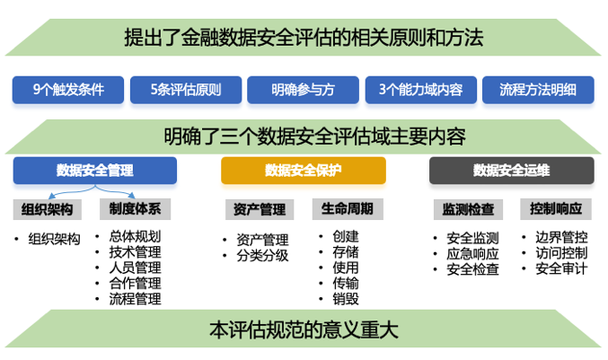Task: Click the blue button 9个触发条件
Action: (x=68, y=90)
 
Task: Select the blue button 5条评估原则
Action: (x=186, y=90)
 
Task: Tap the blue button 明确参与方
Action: (x=303, y=90)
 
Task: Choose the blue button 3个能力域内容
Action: (x=420, y=90)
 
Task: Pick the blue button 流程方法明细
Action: (x=538, y=90)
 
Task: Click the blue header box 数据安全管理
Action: (x=95, y=171)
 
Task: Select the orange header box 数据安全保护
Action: (x=304, y=171)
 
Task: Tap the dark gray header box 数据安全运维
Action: (x=511, y=171)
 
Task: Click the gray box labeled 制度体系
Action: (x=135, y=209)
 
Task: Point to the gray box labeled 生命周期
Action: (x=348, y=209)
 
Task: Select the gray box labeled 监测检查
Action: (x=468, y=210)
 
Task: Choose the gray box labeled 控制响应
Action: (x=556, y=209)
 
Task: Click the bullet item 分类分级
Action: (x=262, y=256)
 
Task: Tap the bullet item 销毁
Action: (x=346, y=299)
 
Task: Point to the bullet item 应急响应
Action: (x=472, y=254)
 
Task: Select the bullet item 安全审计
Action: (x=561, y=268)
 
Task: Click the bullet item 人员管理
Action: (x=135, y=268)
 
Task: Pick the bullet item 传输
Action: (x=346, y=284)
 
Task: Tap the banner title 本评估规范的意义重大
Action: (x=304, y=329)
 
